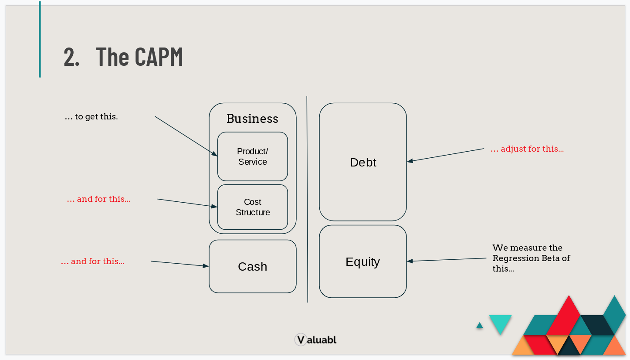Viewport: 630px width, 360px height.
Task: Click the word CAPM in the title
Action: (159, 56)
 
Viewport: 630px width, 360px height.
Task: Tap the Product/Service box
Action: (252, 156)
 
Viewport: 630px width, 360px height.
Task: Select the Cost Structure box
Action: (252, 207)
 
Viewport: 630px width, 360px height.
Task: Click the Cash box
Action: (252, 266)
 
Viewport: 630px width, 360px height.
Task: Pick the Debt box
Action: (363, 162)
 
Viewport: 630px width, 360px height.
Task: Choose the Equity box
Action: (363, 262)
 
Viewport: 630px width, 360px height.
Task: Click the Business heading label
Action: (252, 119)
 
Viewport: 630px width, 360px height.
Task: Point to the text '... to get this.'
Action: (91, 117)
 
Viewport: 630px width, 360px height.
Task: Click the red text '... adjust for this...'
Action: (527, 149)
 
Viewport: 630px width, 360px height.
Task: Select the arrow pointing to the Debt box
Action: (445, 155)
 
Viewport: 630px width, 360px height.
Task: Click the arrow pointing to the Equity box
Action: (447, 260)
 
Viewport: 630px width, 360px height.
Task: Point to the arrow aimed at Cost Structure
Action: (186, 203)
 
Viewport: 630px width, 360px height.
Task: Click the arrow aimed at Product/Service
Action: (186, 136)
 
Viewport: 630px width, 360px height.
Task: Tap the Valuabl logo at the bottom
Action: (315, 340)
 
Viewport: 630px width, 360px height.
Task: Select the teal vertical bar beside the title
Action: (40, 39)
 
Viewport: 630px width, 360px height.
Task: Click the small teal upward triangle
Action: (480, 325)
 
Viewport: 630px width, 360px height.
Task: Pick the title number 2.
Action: (71, 56)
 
